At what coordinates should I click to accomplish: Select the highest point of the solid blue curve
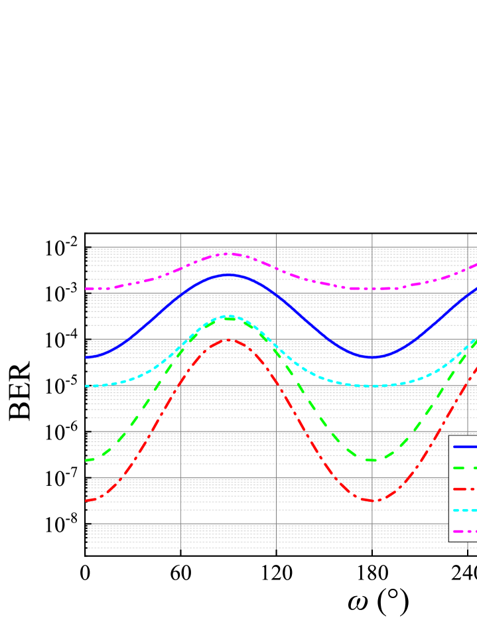[x=228, y=274]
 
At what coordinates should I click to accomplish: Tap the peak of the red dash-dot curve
[x=228, y=339]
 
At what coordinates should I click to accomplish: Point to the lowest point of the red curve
[x=373, y=501]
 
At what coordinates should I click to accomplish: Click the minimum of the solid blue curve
[x=373, y=358]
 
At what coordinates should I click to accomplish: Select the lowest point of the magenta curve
[x=373, y=289]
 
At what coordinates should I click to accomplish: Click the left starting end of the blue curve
[x=87, y=358]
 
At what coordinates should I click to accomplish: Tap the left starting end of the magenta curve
[x=87, y=289]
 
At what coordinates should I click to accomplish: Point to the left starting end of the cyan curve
[x=87, y=386]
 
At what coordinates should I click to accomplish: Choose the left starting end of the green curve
[x=87, y=460]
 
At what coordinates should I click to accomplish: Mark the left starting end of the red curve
[x=87, y=501]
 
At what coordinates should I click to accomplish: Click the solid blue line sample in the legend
[x=465, y=446]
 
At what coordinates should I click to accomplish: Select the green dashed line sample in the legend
[x=465, y=467]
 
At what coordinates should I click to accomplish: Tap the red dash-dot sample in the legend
[x=465, y=489]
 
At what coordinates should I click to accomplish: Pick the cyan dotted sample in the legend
[x=465, y=510]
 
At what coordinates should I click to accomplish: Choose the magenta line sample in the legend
[x=465, y=531]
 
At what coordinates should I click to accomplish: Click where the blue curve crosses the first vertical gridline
[x=180, y=294]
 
